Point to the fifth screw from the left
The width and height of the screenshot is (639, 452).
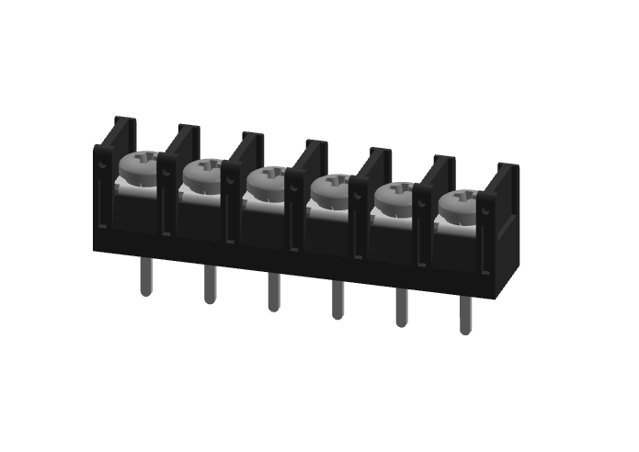[x=396, y=196]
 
